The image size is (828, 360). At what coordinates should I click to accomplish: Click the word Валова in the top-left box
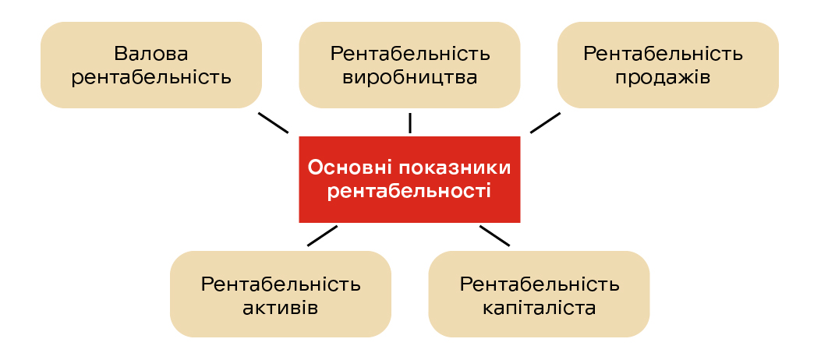(151, 54)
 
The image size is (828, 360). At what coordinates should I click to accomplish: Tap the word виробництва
(410, 78)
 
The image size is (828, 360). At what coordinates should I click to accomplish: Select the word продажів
(663, 78)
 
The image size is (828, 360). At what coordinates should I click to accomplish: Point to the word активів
(281, 308)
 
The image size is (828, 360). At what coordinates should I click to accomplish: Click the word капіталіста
(540, 308)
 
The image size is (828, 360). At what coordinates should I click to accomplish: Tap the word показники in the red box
(453, 168)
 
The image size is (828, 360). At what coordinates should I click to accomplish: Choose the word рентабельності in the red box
(409, 191)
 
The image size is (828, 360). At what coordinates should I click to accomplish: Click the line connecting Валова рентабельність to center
(273, 122)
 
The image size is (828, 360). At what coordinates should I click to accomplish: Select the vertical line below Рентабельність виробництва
(410, 122)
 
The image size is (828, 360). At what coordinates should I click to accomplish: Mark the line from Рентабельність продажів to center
(546, 122)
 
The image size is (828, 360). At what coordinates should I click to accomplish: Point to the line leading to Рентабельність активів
(322, 236)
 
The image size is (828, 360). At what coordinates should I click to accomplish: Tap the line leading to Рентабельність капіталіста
(495, 236)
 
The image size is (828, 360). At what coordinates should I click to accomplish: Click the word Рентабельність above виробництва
(410, 54)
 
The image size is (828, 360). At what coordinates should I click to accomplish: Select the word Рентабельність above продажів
(663, 54)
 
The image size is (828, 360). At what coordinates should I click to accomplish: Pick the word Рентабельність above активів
(281, 284)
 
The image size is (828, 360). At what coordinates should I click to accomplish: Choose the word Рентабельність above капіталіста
(540, 284)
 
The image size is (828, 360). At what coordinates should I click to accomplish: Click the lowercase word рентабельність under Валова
(151, 78)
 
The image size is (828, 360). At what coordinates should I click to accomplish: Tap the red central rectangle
(409, 179)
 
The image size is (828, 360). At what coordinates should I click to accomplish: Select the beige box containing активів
(281, 294)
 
